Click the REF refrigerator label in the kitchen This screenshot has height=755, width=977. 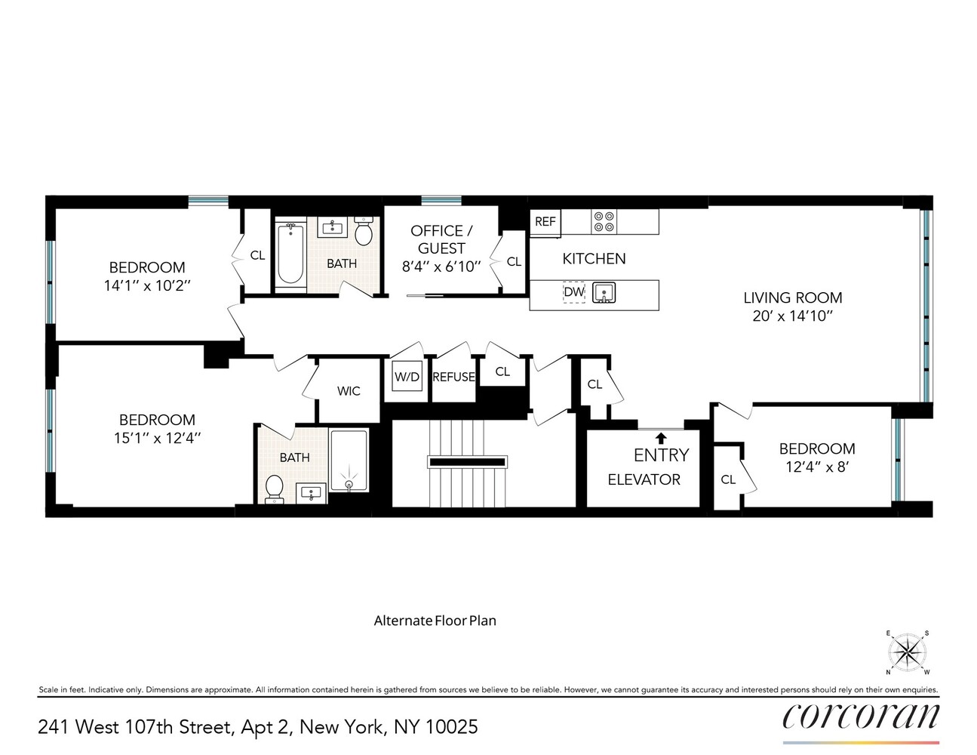(x=545, y=221)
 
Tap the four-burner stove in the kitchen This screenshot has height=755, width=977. (x=604, y=221)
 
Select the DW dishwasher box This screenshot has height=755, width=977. (x=574, y=292)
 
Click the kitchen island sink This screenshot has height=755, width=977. (x=604, y=292)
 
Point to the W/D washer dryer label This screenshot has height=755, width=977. (x=407, y=377)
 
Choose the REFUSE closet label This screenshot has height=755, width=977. (x=453, y=377)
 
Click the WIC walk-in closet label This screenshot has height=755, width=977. (x=349, y=391)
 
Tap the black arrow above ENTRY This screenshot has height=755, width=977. (x=661, y=437)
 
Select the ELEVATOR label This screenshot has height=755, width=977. (x=644, y=479)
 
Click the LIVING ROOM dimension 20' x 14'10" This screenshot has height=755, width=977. (x=792, y=316)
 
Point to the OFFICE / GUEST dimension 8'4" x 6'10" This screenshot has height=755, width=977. (x=441, y=267)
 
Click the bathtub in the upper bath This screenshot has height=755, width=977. (x=289, y=252)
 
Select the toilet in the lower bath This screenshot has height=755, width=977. (x=274, y=487)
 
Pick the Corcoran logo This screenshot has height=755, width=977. (x=861, y=717)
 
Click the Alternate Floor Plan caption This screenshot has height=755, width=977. (x=435, y=621)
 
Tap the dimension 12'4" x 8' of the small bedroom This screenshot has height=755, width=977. (x=817, y=467)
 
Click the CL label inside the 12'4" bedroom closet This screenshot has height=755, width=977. (x=728, y=479)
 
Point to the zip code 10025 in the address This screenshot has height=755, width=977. (x=451, y=727)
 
